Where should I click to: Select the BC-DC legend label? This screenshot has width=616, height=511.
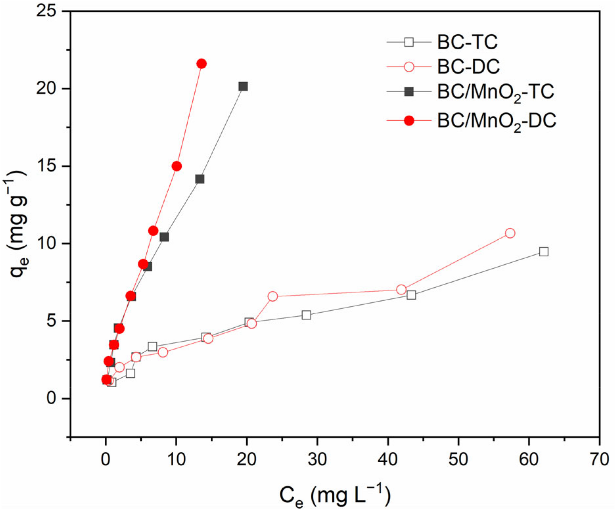point(468,67)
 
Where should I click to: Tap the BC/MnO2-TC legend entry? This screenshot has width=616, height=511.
point(495,92)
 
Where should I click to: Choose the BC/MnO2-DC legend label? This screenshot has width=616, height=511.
point(496,121)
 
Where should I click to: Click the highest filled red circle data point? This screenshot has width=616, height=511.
point(201,64)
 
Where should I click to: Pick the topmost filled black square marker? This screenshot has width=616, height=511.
point(243,86)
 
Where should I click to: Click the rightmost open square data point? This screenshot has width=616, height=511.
point(543,252)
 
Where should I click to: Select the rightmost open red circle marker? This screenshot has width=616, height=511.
point(510,233)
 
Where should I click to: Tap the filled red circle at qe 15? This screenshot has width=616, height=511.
point(176,166)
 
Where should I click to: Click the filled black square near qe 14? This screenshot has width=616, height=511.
point(199,179)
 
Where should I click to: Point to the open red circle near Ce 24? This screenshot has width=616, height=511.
point(273,296)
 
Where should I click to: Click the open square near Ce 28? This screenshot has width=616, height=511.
point(306,315)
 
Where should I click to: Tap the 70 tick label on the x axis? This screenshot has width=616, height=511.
point(599,460)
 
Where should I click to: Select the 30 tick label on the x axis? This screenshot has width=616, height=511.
point(317,460)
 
